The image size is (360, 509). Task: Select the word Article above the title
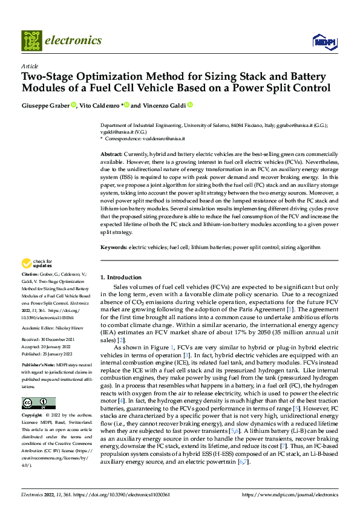click(29, 66)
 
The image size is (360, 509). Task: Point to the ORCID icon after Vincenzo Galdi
click(189, 105)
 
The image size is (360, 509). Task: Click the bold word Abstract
click(111, 155)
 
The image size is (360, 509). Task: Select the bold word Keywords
click(114, 247)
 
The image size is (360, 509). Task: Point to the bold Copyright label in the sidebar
click(31, 416)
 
